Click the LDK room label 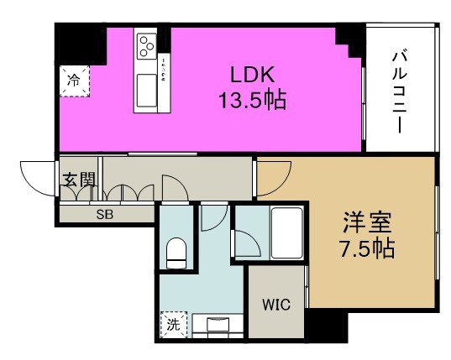pyautogui.click(x=249, y=71)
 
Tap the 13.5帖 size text pyautogui.click(x=249, y=101)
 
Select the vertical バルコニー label pyautogui.click(x=401, y=90)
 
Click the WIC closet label pyautogui.click(x=276, y=304)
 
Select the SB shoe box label pyautogui.click(x=105, y=214)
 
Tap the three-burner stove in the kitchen pyautogui.click(x=148, y=44)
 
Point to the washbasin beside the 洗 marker pyautogui.click(x=213, y=324)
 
